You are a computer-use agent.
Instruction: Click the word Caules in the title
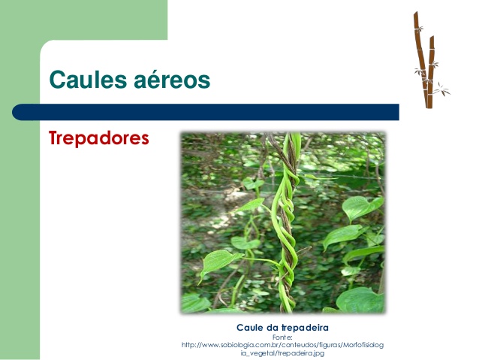(x=88, y=80)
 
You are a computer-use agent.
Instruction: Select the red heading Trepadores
(x=98, y=138)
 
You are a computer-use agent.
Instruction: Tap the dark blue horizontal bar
(x=206, y=112)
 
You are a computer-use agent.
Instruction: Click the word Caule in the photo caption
(x=249, y=328)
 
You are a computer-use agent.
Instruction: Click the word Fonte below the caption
(x=282, y=337)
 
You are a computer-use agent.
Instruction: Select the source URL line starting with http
(x=282, y=345)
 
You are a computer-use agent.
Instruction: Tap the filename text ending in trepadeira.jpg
(x=282, y=353)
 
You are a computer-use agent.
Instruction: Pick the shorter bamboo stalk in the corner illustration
(x=431, y=72)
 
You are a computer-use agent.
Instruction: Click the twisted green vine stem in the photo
(x=287, y=223)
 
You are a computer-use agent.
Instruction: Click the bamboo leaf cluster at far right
(x=442, y=90)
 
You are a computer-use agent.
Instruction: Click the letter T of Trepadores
(x=54, y=138)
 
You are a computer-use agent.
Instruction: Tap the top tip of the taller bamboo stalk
(x=415, y=13)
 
